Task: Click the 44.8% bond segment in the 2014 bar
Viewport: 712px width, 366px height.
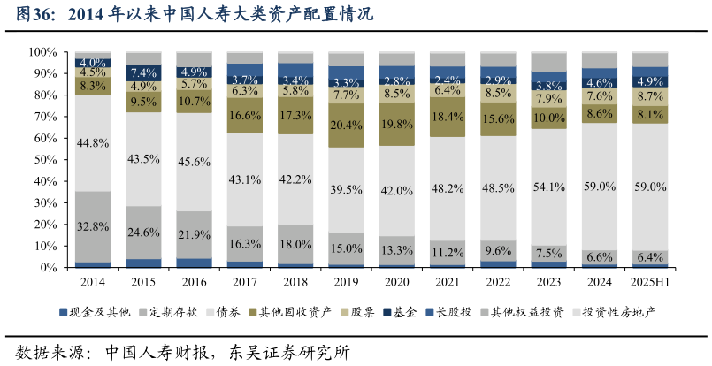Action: (93, 142)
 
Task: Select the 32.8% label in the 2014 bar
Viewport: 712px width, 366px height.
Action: (93, 226)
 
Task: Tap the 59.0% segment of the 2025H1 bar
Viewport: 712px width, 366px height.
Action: (650, 187)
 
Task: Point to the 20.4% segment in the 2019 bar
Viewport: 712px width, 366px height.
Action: (346, 125)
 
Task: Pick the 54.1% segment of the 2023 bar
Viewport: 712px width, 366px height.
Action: (549, 187)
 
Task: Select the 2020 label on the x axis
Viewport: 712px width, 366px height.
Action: (397, 282)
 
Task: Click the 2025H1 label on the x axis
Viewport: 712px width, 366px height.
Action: (650, 282)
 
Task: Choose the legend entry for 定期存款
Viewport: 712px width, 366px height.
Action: (166, 312)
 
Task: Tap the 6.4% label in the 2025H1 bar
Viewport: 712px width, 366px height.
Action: (650, 257)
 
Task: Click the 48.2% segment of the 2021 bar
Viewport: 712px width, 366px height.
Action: (448, 188)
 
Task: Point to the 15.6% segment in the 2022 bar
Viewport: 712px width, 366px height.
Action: (498, 118)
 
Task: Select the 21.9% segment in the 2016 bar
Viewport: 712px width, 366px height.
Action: (194, 234)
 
